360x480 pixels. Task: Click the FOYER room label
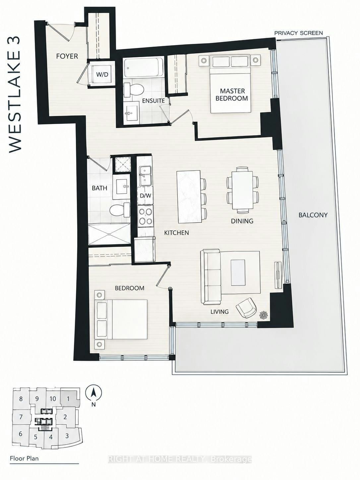67,56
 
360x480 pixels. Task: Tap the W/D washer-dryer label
102,74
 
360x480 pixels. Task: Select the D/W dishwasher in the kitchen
145,196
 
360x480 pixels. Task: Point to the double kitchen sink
145,175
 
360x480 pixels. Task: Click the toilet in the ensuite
133,90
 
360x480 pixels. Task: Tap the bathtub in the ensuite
144,67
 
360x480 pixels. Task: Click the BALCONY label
313,215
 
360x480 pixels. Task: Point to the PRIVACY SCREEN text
299,33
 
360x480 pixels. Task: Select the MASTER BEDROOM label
232,94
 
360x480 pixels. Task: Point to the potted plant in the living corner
264,315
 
